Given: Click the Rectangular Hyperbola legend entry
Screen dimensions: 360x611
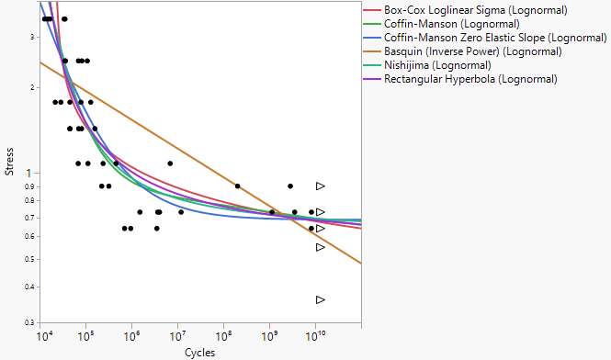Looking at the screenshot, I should (470, 79).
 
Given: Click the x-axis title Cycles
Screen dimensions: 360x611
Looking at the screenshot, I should (199, 352).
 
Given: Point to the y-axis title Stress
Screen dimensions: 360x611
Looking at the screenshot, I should (9, 162).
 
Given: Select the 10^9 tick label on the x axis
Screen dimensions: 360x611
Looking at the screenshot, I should (269, 336).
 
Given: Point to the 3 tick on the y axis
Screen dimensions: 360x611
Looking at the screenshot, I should (31, 37).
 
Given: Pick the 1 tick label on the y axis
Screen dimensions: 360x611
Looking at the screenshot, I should (31, 173).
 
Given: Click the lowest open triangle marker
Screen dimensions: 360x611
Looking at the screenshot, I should (321, 300).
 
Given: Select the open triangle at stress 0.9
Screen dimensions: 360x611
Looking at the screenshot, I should (321, 186).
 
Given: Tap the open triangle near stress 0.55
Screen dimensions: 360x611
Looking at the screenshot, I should (321, 247).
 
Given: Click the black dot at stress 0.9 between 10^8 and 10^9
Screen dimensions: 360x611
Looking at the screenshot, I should (237, 186).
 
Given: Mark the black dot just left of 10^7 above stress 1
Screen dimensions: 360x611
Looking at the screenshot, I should (170, 163).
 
